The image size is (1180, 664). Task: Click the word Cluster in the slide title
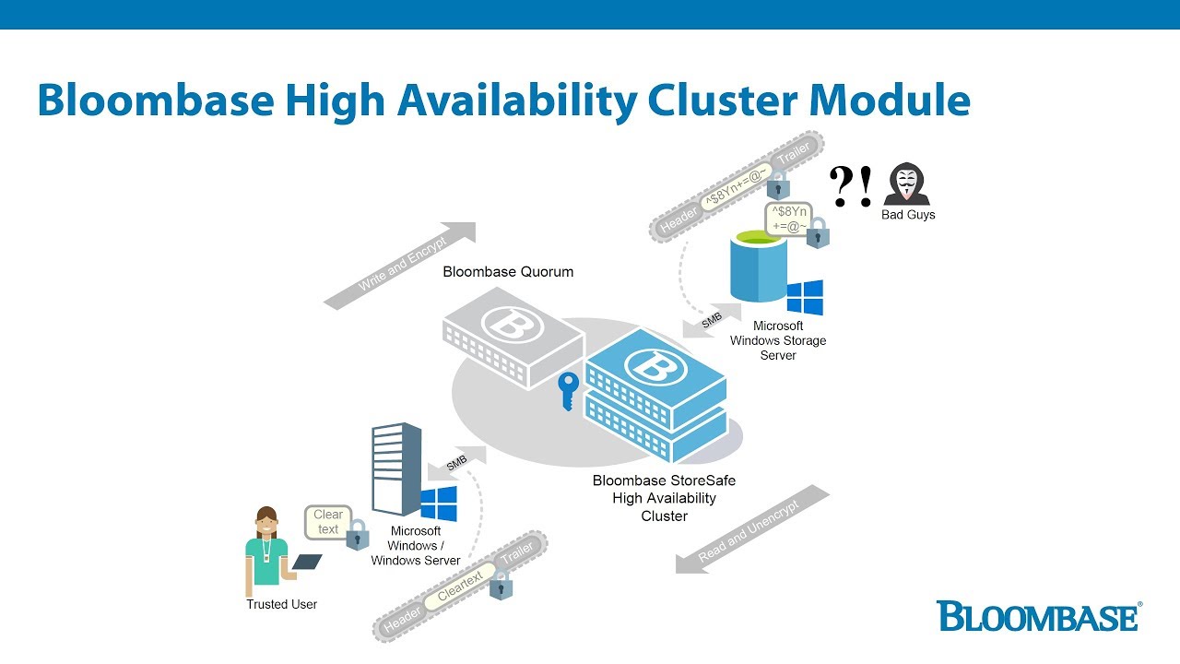point(737,101)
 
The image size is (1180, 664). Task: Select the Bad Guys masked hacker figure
point(907,184)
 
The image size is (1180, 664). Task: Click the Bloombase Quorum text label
point(508,272)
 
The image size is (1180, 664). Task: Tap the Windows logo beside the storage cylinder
point(805,298)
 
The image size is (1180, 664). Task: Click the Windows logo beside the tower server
point(439,504)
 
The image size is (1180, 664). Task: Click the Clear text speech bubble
point(328,522)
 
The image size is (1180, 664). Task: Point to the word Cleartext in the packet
point(460,587)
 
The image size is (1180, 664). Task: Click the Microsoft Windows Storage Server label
point(777,340)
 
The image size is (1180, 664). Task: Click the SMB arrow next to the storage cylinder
point(710,322)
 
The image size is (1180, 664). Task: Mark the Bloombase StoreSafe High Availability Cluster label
point(664,498)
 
